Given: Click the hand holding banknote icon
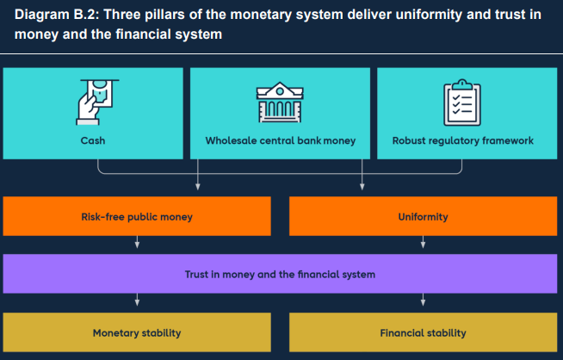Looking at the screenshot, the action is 93,102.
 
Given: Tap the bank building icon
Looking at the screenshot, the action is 280,102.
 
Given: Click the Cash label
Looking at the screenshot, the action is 93,140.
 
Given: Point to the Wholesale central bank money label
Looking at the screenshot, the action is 280,140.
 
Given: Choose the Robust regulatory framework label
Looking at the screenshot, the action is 462,140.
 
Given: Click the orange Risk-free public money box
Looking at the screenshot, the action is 137,217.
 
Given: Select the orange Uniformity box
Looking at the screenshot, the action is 423,217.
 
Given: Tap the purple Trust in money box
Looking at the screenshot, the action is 280,275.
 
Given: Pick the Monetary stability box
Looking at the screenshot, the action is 137,332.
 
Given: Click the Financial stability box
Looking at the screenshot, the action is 423,332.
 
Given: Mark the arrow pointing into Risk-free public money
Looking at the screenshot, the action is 199,185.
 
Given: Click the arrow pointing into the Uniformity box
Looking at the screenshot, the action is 362,185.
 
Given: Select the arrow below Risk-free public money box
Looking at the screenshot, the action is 137,245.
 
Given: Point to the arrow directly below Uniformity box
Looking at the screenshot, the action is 423,245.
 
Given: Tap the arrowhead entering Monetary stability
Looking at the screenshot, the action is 137,302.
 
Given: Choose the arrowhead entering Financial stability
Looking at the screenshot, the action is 423,302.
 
